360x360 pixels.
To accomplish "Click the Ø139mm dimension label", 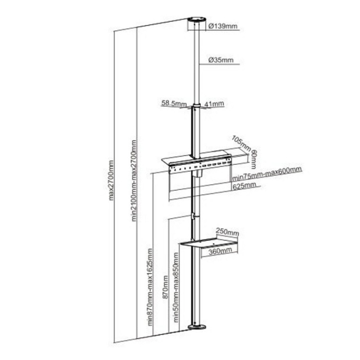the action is pos(223,26).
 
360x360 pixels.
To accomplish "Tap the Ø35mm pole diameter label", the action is pos(221,60).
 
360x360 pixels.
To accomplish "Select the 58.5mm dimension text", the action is pos(173,103).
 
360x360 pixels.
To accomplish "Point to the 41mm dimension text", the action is pos(214,104).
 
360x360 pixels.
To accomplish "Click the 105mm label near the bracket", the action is pos(241,143).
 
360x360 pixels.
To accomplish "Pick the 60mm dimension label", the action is pos(254,159).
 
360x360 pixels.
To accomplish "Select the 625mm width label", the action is pos(244,186).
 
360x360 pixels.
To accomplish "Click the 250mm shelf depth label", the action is pos(227,232).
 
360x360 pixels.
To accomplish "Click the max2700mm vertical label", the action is pos(111,180).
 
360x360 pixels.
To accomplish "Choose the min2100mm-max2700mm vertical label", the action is pos(134,181).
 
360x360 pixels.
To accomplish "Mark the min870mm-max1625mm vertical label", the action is pos(150,287).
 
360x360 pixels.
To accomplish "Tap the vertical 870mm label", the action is pos(165,287).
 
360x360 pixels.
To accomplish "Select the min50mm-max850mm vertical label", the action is pos(176,288).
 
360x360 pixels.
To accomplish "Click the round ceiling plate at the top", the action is pos(197,19).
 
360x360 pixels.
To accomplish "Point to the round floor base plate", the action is pos(197,327).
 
